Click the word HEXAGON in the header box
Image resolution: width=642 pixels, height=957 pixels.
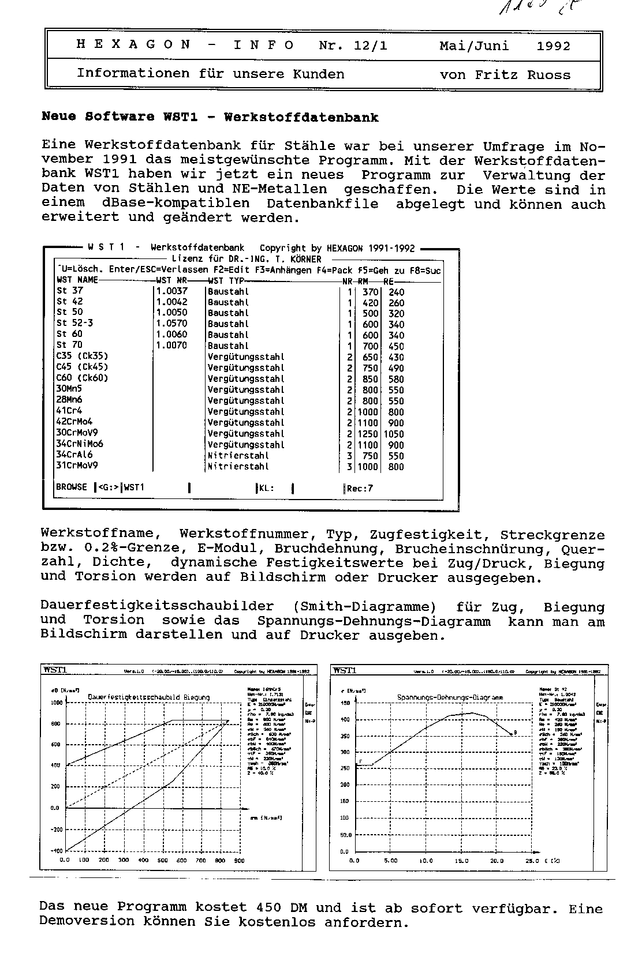point(133,45)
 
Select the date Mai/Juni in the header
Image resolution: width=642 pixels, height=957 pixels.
point(474,46)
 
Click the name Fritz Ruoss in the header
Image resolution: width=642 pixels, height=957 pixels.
point(522,75)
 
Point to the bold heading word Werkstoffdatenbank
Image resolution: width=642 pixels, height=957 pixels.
point(301,118)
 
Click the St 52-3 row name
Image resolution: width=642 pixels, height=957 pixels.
point(74,323)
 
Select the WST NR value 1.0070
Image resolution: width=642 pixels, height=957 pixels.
point(171,346)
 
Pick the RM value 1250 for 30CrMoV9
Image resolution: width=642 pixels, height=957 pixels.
point(367,434)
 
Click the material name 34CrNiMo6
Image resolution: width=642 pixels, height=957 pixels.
point(80,444)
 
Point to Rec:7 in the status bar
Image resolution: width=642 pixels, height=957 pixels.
point(360,489)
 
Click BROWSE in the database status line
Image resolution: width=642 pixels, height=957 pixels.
point(72,487)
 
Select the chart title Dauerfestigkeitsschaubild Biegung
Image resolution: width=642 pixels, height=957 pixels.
point(148,697)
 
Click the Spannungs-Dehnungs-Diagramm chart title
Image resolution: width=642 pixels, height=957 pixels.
point(450,697)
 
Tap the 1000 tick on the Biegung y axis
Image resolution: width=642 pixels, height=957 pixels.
point(56,703)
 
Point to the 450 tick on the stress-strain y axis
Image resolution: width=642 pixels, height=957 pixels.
point(345,703)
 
